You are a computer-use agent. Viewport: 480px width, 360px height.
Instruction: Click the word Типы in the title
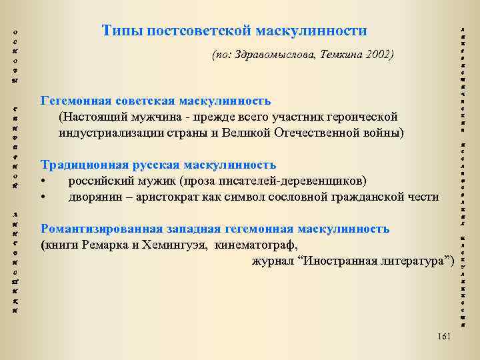point(121,31)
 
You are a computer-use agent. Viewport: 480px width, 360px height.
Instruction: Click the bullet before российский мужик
point(44,181)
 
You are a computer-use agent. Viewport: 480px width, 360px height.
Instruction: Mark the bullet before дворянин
point(44,197)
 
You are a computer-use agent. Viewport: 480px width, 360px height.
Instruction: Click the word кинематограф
point(257,244)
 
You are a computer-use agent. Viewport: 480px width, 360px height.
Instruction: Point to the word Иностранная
point(345,259)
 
